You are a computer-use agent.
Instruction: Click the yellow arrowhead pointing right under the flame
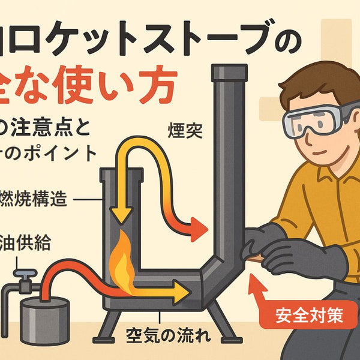point(181,292)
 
